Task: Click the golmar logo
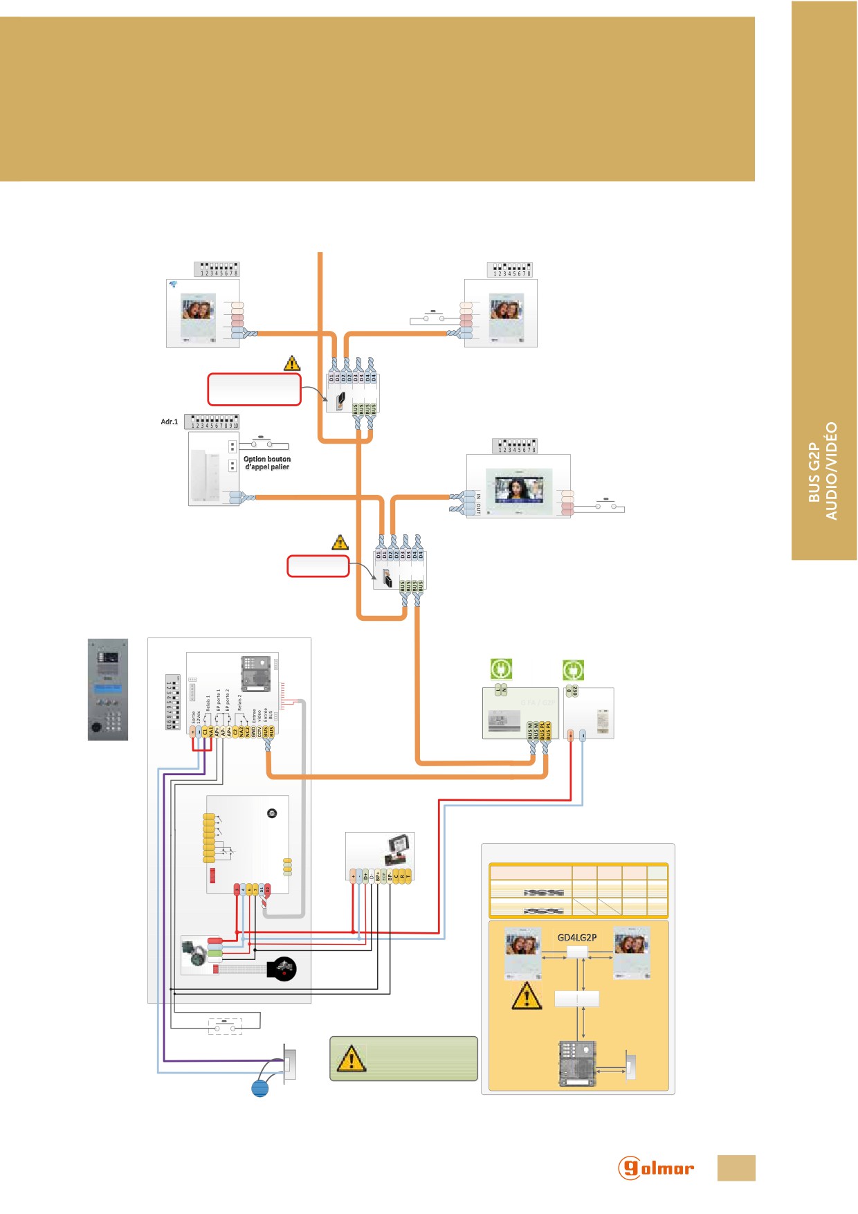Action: pyautogui.click(x=655, y=1168)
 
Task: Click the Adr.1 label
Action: pyautogui.click(x=170, y=422)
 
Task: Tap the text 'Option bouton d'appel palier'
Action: pyautogui.click(x=267, y=463)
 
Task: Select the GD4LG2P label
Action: pyautogui.click(x=577, y=938)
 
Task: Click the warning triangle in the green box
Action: pyautogui.click(x=351, y=1058)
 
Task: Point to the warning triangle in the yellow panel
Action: pyautogui.click(x=527, y=996)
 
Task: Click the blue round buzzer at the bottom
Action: pyautogui.click(x=260, y=1088)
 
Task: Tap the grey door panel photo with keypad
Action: pyautogui.click(x=108, y=689)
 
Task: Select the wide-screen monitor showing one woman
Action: pyautogui.click(x=518, y=485)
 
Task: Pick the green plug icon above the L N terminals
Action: pyautogui.click(x=501, y=669)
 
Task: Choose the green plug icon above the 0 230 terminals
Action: pyautogui.click(x=573, y=670)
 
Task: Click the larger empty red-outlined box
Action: pyautogui.click(x=254, y=390)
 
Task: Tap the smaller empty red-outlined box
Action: pyautogui.click(x=318, y=565)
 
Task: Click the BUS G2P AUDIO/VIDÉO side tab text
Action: pyautogui.click(x=823, y=471)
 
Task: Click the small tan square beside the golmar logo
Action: pyautogui.click(x=736, y=1168)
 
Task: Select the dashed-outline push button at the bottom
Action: pyautogui.click(x=225, y=1025)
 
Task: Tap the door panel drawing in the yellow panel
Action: pyautogui.click(x=577, y=1064)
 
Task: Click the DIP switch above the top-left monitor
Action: pyautogui.click(x=217, y=269)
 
